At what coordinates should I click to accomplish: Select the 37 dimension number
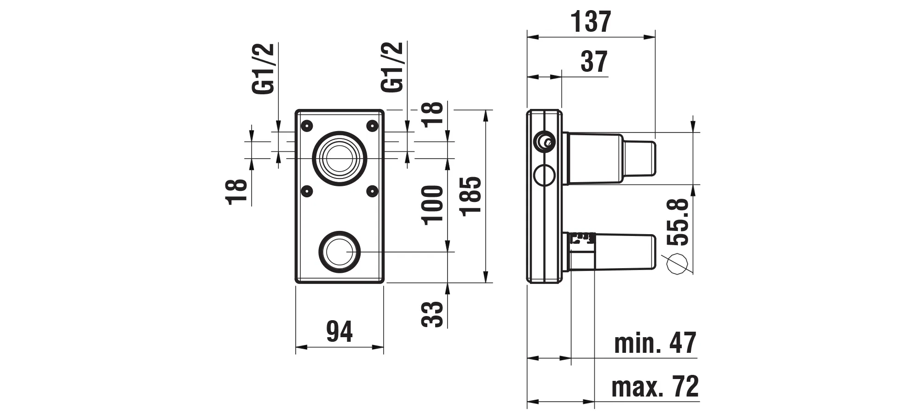(594, 62)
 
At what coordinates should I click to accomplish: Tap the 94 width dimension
(339, 332)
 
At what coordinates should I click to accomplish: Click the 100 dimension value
(433, 205)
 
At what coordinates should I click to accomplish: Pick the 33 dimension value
(433, 314)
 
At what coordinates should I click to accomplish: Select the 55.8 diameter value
(678, 222)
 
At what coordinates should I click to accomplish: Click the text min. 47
(655, 343)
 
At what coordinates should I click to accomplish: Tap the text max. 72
(655, 386)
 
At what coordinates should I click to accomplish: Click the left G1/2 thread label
(264, 69)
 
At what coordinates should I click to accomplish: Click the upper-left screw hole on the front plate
(306, 125)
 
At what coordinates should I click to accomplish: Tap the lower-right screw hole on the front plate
(373, 190)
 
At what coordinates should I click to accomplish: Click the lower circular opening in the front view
(339, 252)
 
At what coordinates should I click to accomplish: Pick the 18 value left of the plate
(238, 191)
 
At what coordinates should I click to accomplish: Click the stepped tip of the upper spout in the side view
(639, 158)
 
